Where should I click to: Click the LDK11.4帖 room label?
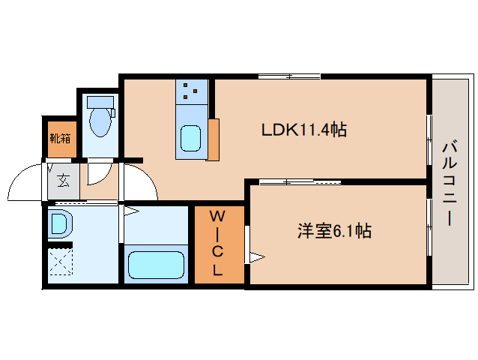click(303, 130)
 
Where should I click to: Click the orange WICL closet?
click(218, 244)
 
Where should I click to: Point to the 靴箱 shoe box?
click(61, 138)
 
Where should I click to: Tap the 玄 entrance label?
click(64, 181)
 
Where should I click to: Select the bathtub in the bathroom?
click(156, 265)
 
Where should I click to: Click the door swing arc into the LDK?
click(141, 182)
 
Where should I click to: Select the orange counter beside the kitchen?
click(214, 139)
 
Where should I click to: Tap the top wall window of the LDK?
click(289, 76)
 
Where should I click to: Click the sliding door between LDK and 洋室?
click(300, 181)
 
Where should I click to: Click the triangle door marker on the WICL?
click(257, 258)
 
